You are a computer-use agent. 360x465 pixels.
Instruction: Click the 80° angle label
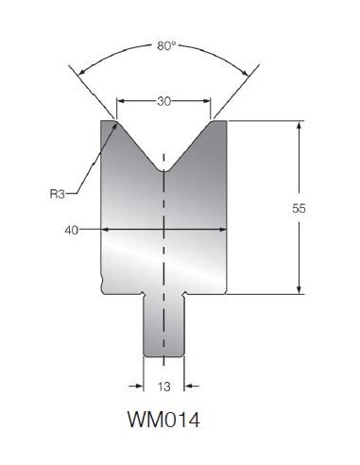click(166, 46)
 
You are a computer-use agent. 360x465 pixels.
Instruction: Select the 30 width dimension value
click(163, 101)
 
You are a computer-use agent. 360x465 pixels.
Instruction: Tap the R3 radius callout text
click(57, 194)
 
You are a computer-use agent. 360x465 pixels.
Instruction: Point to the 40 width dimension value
click(71, 231)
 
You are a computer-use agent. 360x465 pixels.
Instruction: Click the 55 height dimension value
click(299, 208)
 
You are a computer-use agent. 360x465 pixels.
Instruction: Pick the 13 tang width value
click(164, 387)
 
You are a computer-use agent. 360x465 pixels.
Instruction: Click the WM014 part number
click(163, 420)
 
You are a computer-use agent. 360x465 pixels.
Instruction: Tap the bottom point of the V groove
click(163, 172)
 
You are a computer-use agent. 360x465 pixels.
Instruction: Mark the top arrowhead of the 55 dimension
click(299, 125)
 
